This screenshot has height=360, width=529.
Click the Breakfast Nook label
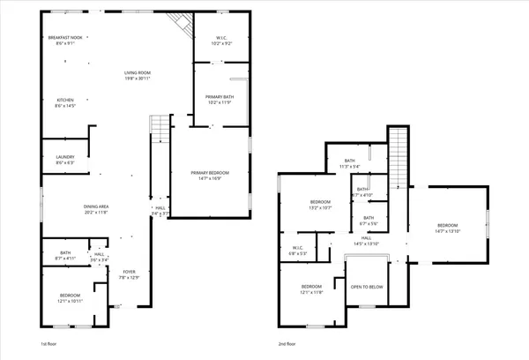[x=63, y=40]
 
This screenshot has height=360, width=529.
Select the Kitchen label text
[x=66, y=101]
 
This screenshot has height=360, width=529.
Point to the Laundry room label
[x=65, y=159]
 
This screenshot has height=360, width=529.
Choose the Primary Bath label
[x=220, y=99]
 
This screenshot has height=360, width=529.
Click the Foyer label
[x=130, y=274]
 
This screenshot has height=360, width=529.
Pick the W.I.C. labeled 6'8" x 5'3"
[x=299, y=250]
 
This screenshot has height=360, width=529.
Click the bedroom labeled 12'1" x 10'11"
[x=70, y=297]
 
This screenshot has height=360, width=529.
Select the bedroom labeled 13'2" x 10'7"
[x=320, y=205]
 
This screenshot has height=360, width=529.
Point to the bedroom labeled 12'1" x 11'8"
[x=312, y=289]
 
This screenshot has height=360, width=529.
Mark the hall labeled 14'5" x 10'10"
[x=366, y=240]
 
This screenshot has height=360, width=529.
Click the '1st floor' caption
[x=50, y=343]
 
